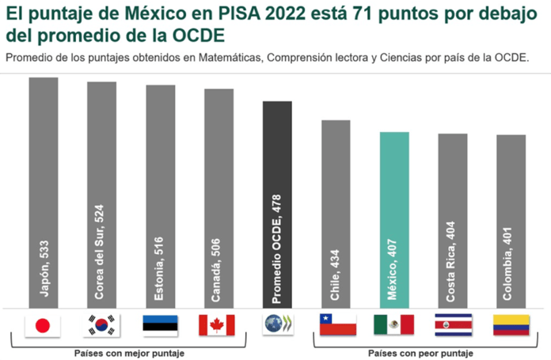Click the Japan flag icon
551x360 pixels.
[43, 324]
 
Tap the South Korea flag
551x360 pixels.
[101, 324]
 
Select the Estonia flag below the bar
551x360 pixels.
[160, 324]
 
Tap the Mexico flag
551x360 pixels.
[394, 324]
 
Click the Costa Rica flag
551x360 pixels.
[453, 324]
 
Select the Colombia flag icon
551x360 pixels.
[511, 324]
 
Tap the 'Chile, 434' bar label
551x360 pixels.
[336, 273]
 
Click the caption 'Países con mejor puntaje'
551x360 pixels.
[128, 353]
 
